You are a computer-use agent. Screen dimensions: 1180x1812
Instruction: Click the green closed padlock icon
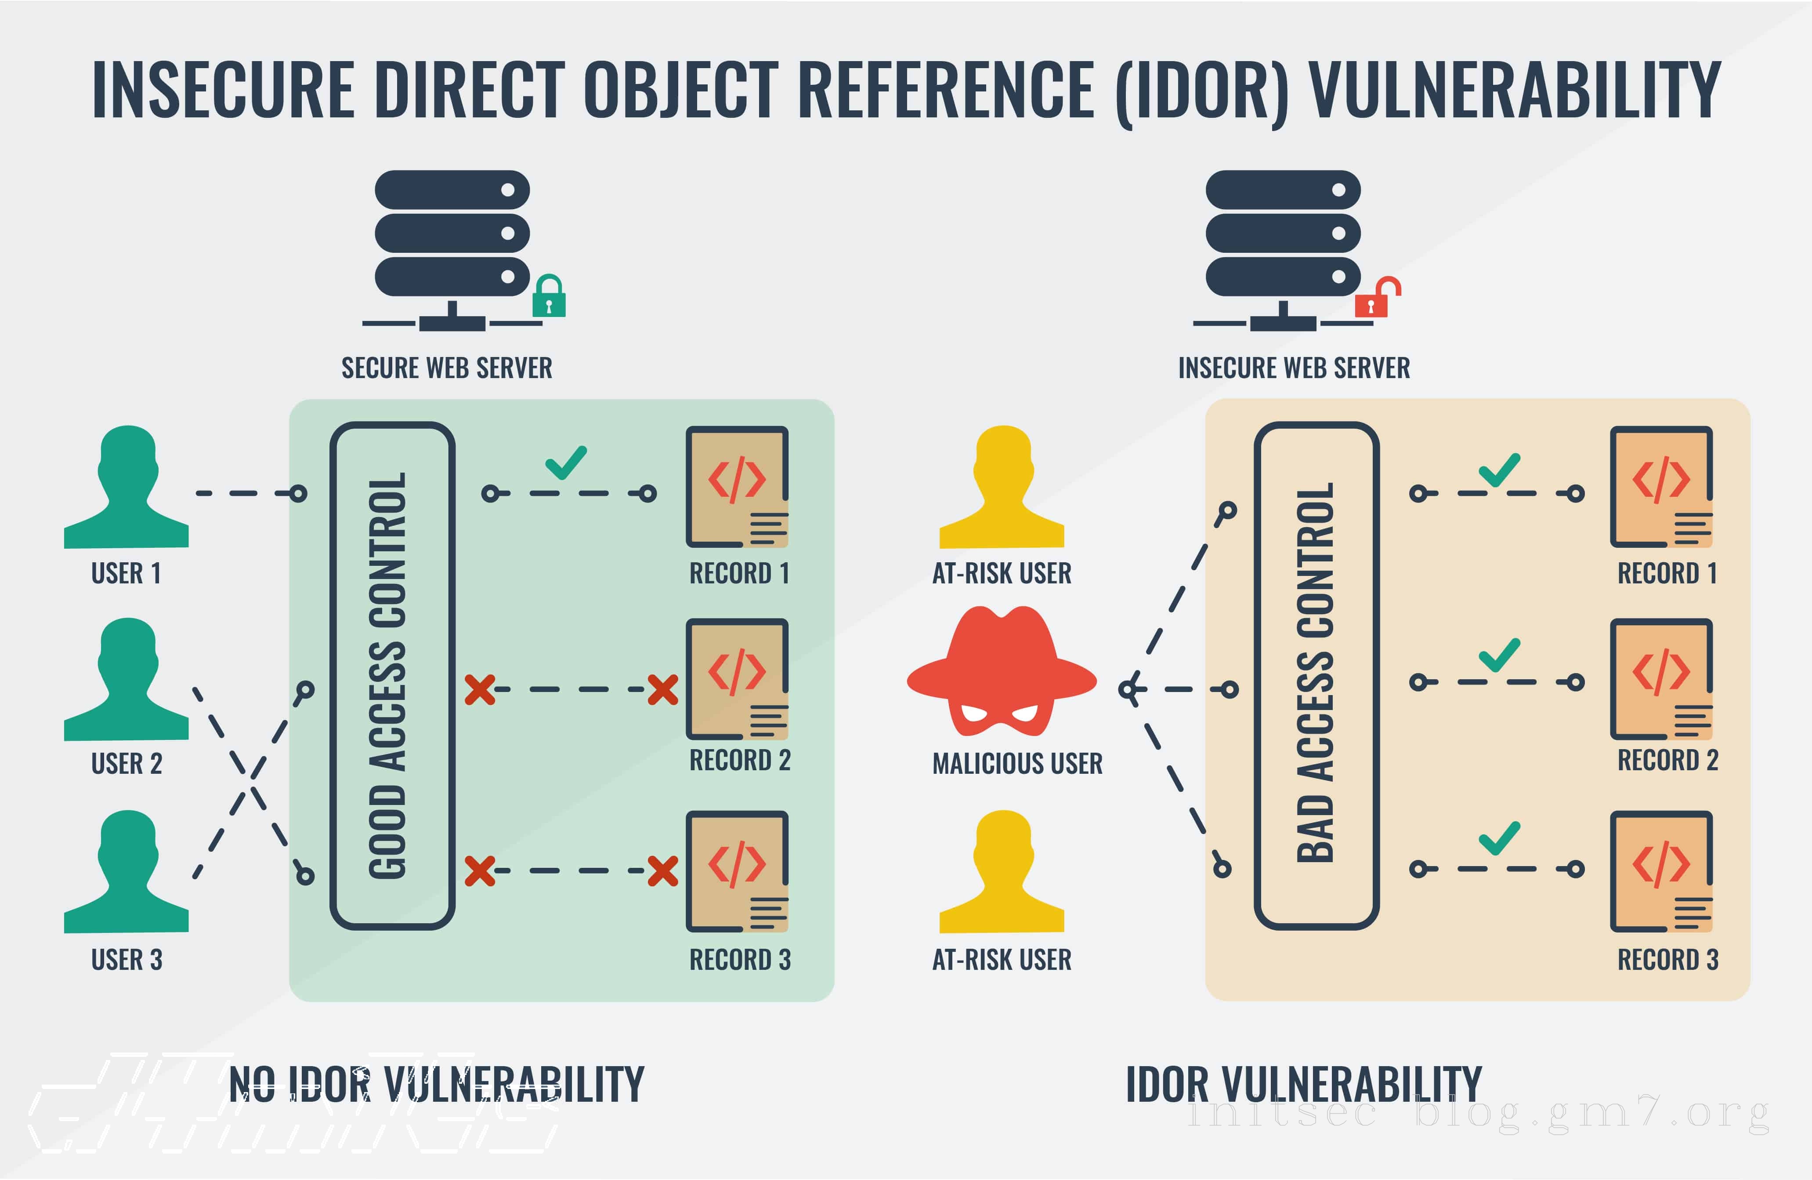(x=548, y=297)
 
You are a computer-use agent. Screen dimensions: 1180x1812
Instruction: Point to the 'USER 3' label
(x=127, y=960)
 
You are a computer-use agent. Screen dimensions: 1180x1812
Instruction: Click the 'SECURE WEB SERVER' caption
(x=446, y=368)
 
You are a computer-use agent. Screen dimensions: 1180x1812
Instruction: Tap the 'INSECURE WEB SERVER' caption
(x=1294, y=368)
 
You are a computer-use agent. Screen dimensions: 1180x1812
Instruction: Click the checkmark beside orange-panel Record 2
(x=1499, y=655)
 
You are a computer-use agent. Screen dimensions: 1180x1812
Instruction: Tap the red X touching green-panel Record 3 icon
(x=662, y=871)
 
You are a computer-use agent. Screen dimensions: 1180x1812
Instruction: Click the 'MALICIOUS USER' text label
(x=1017, y=763)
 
